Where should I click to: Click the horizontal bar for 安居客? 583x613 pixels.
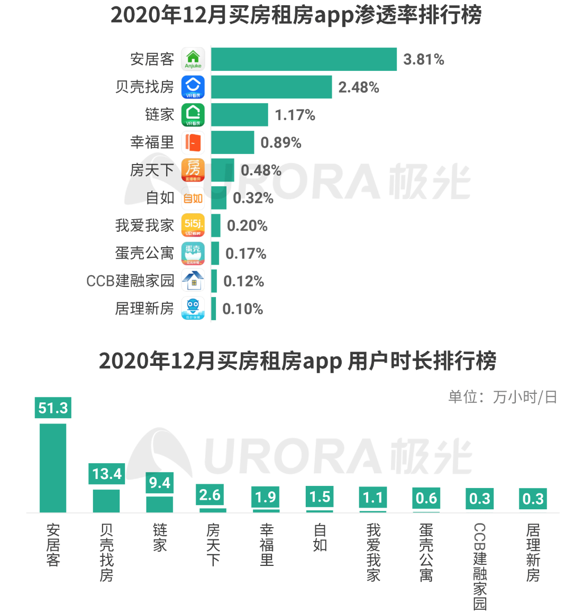(304, 59)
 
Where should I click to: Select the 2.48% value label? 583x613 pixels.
(359, 87)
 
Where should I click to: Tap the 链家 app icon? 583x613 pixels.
(193, 115)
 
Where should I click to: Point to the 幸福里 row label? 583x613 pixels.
(152, 142)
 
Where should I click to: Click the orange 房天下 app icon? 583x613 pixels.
(193, 170)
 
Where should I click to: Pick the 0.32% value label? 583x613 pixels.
(253, 198)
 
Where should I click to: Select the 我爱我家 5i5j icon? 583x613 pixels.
(193, 226)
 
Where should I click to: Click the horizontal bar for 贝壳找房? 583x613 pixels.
(271, 87)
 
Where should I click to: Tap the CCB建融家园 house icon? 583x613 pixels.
(193, 281)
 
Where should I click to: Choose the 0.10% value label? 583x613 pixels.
(242, 309)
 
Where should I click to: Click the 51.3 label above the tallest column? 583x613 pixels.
(53, 408)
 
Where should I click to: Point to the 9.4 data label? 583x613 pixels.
(160, 483)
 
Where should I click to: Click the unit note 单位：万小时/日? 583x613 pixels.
(502, 397)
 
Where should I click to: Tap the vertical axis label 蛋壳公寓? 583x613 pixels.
(426, 553)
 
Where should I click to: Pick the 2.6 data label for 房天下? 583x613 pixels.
(210, 495)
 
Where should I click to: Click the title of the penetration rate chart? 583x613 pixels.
(296, 15)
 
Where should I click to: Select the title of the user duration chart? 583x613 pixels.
(297, 361)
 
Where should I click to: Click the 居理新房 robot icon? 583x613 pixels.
(193, 309)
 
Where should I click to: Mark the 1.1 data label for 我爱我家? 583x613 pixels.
(373, 498)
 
